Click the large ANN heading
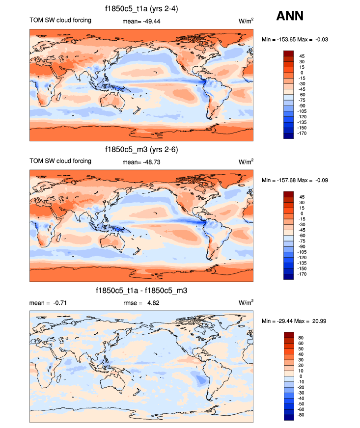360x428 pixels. [290, 16]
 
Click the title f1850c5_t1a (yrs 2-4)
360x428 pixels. [141, 9]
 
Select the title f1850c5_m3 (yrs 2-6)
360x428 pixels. [141, 150]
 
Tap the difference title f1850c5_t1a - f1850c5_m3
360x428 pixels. [141, 291]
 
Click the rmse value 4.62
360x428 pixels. [152, 303]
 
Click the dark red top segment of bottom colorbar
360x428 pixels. [288, 335]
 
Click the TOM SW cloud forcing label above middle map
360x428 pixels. [60, 161]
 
